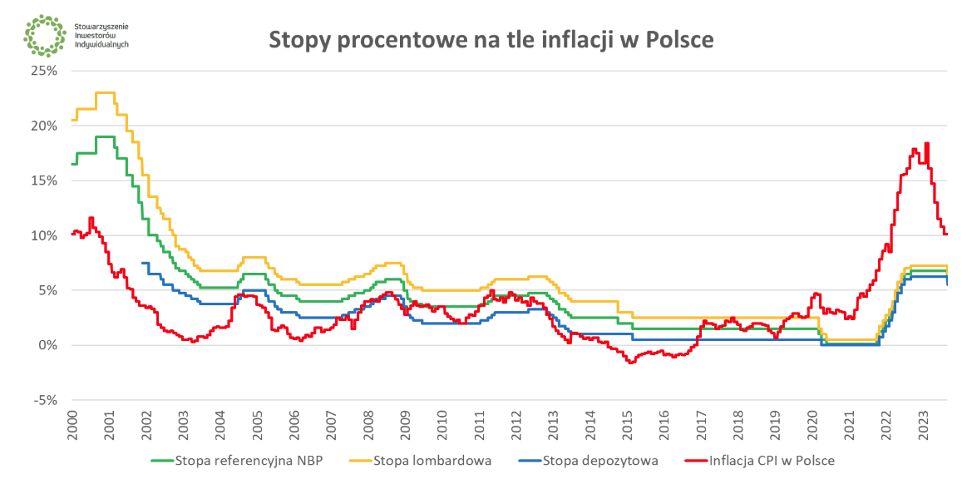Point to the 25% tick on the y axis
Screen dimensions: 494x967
45,71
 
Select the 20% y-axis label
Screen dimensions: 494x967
45,126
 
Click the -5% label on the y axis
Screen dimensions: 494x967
47,400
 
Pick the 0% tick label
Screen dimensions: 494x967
48,345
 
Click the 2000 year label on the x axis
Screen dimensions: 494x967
72,425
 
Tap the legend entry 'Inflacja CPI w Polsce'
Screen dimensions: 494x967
772,459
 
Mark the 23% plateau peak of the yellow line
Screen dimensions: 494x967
106,92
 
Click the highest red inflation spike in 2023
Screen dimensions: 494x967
926,144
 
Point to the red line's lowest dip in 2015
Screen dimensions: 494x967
631,363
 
